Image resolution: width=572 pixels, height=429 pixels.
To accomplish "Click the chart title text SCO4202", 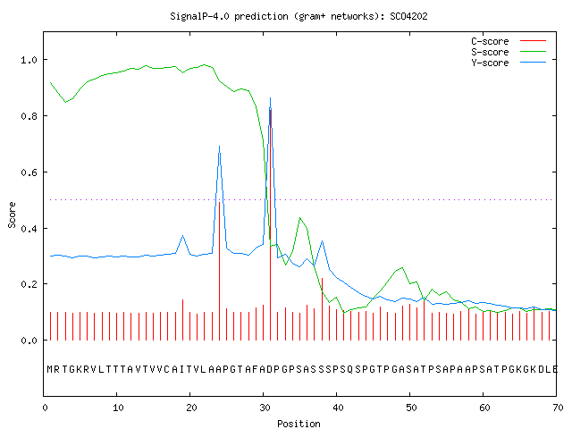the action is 408,16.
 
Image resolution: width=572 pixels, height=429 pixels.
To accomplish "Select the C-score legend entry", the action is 509,41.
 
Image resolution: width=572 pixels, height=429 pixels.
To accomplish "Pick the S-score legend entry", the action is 509,52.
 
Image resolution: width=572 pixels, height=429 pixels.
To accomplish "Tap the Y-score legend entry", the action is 509,63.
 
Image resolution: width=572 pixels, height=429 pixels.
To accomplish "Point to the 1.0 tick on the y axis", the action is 29,60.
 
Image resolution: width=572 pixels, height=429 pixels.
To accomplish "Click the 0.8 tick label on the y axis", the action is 29,116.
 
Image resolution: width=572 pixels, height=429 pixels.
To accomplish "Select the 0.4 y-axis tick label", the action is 29,229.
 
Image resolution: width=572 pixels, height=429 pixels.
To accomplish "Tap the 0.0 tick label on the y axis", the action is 29,341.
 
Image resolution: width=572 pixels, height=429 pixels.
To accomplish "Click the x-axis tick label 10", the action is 117,408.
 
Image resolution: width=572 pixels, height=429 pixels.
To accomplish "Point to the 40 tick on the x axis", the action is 338,408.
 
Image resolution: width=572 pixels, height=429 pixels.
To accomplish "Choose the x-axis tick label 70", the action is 558,408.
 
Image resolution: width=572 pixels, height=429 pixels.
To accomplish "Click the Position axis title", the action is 299,424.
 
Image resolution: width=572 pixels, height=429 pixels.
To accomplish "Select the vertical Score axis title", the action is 12,215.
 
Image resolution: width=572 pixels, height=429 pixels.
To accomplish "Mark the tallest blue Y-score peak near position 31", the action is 270,97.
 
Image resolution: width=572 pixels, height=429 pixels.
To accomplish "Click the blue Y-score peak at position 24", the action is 219,146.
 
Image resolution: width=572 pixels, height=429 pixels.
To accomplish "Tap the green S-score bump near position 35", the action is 300,218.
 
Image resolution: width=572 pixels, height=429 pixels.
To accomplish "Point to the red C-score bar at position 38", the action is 322,309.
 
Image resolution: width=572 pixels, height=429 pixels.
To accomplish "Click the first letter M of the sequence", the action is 50,369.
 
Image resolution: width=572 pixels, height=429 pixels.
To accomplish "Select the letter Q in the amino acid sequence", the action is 350,369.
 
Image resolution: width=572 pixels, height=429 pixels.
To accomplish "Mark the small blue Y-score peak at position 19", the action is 182,236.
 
